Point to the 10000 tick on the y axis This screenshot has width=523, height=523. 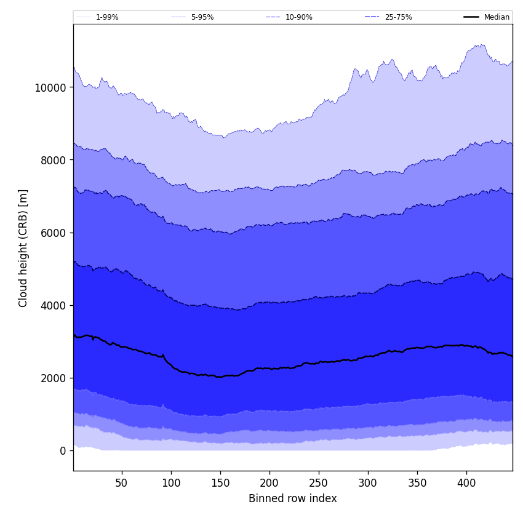pos(50,87)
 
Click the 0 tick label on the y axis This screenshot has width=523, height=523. pos(63,450)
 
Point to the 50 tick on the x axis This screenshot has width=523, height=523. pos(121,483)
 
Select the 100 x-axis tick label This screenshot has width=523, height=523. pos(171,483)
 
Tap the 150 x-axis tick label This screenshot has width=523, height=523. pos(220,483)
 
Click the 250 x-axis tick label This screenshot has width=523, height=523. pos(319,483)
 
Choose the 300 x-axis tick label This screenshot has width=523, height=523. pos(368,483)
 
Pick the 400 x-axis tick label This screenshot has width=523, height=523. pos(466,483)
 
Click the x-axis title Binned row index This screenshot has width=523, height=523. pos(293,498)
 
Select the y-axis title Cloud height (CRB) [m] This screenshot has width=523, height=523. pos(23,248)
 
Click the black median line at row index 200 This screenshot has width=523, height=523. pos(269,368)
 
